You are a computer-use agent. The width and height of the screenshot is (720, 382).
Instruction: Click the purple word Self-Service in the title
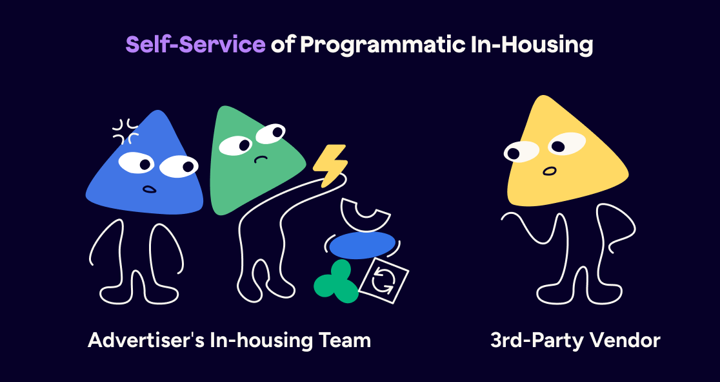click(x=195, y=45)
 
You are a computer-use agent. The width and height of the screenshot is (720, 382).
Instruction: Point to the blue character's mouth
click(x=149, y=189)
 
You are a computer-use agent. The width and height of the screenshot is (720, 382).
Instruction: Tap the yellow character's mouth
click(x=548, y=171)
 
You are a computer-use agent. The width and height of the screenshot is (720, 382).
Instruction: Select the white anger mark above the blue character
click(x=126, y=131)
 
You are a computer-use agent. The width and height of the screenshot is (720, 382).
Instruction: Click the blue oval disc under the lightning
click(x=362, y=245)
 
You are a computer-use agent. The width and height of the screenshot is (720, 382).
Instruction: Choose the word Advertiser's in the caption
click(x=146, y=340)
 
